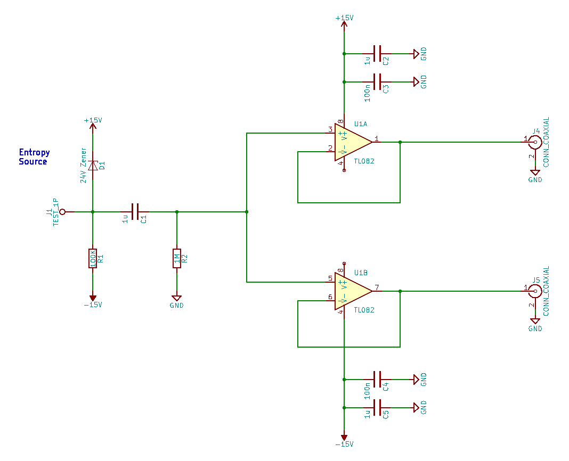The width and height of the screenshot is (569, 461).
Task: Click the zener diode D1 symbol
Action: click(93, 166)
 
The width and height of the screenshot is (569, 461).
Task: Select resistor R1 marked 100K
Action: click(93, 258)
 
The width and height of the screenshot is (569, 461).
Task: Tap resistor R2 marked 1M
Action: click(177, 258)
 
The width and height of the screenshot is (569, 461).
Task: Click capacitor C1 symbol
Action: click(135, 211)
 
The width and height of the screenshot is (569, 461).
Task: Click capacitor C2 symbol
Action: click(377, 54)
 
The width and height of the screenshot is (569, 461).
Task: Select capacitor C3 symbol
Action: click(377, 82)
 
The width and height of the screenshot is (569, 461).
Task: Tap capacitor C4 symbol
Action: click(377, 380)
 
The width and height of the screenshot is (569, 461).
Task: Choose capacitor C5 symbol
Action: click(377, 408)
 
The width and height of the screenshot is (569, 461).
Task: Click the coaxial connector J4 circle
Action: click(535, 142)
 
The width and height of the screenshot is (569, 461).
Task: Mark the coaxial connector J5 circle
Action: click(535, 291)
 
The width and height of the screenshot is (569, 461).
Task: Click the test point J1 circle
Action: click(62, 211)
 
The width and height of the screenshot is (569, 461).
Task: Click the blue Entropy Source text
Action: click(34, 157)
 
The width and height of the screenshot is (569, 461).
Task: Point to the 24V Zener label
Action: click(84, 166)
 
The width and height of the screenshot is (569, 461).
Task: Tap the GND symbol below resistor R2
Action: click(177, 298)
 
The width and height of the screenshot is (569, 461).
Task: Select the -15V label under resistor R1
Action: click(93, 304)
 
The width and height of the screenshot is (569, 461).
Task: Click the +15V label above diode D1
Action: click(93, 120)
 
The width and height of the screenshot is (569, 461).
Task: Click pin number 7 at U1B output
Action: click(377, 287)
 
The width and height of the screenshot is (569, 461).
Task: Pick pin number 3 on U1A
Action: click(330, 129)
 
